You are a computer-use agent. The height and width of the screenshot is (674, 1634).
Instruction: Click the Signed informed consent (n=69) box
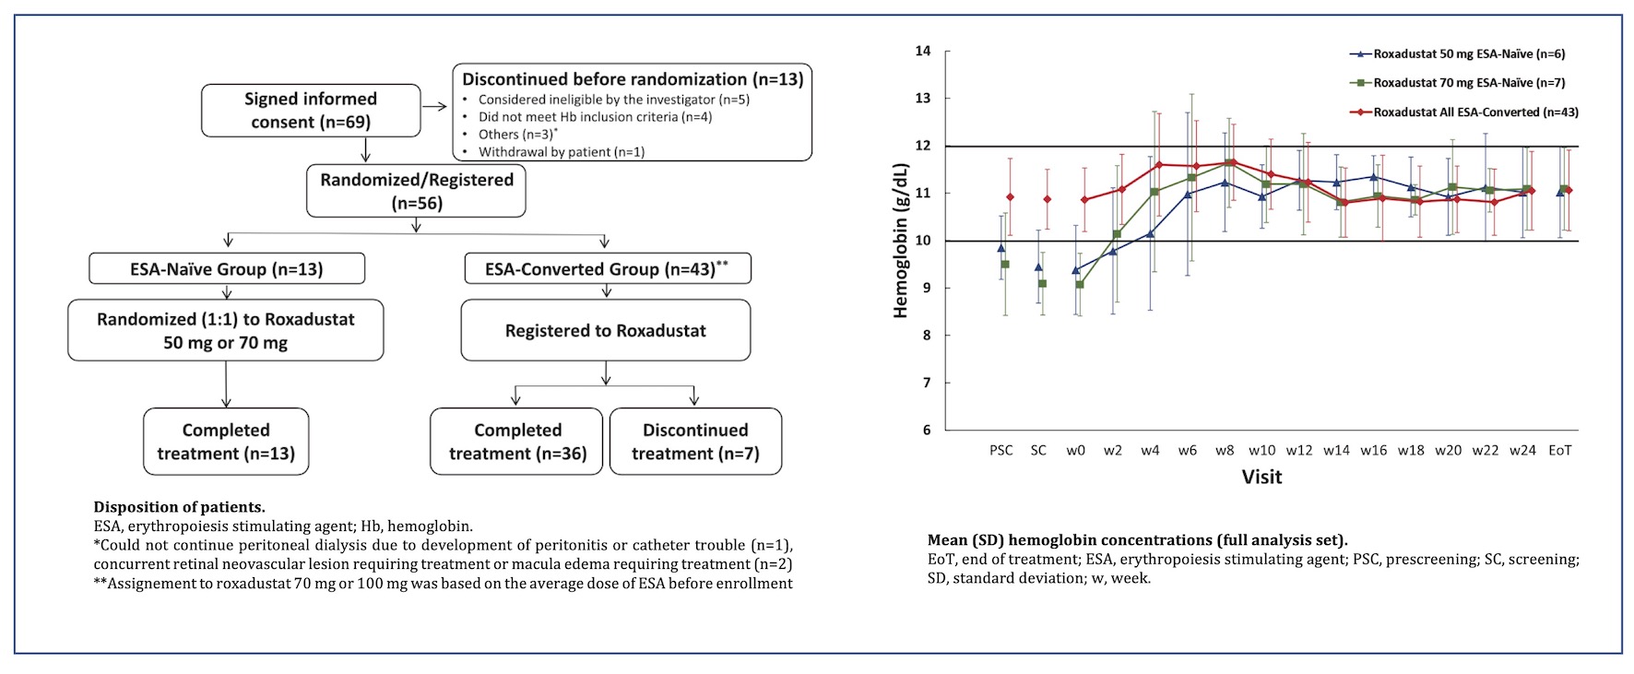(311, 111)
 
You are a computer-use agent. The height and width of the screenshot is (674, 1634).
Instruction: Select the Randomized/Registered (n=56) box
(416, 192)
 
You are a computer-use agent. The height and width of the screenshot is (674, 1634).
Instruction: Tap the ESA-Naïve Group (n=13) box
(226, 269)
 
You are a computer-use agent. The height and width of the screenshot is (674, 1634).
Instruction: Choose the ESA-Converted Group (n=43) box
(606, 269)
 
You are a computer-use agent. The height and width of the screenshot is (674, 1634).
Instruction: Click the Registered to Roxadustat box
(605, 331)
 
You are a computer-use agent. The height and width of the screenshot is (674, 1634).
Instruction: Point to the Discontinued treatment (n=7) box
(695, 442)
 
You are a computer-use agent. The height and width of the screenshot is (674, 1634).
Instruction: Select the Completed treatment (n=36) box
(516, 442)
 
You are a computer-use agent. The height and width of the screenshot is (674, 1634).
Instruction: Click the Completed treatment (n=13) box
(226, 442)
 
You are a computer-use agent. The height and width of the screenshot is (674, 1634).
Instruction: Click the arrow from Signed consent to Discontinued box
(435, 107)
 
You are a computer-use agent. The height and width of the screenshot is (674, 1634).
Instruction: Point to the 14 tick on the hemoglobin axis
(923, 52)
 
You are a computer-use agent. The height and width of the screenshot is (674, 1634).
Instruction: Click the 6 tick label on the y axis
(926, 431)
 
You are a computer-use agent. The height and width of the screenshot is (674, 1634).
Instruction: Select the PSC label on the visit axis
(1001, 451)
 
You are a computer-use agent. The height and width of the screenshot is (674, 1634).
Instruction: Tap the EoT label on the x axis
(1559, 451)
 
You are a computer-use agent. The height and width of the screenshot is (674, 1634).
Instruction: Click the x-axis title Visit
(1261, 478)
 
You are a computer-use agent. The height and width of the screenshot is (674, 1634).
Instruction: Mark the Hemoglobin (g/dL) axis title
(901, 241)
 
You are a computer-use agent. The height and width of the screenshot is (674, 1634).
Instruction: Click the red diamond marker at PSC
(1010, 197)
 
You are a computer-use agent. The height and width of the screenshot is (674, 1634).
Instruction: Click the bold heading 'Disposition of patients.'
(179, 507)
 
